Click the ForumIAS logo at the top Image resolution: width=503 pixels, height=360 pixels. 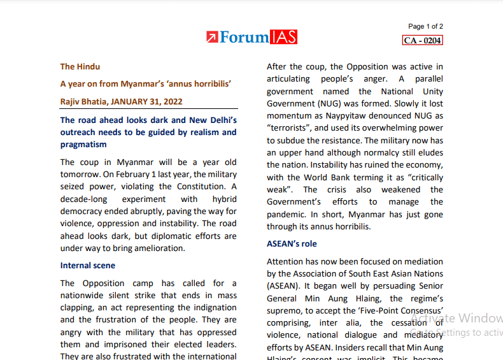pyautogui.click(x=251, y=37)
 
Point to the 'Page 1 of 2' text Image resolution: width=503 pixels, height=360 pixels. pyautogui.click(x=425, y=26)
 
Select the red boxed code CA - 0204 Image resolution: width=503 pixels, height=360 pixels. pyautogui.click(x=422, y=40)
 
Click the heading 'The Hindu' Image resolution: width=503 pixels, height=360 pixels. pyautogui.click(x=80, y=66)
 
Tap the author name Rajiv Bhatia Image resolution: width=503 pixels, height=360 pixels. pyautogui.click(x=83, y=101)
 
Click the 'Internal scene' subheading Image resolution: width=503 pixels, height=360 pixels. pyautogui.click(x=88, y=265)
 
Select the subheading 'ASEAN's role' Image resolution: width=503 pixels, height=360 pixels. pyautogui.click(x=292, y=243)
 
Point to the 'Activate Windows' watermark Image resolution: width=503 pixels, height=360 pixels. pyautogui.click(x=456, y=318)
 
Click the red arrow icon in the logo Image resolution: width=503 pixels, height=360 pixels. pyautogui.click(x=212, y=38)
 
